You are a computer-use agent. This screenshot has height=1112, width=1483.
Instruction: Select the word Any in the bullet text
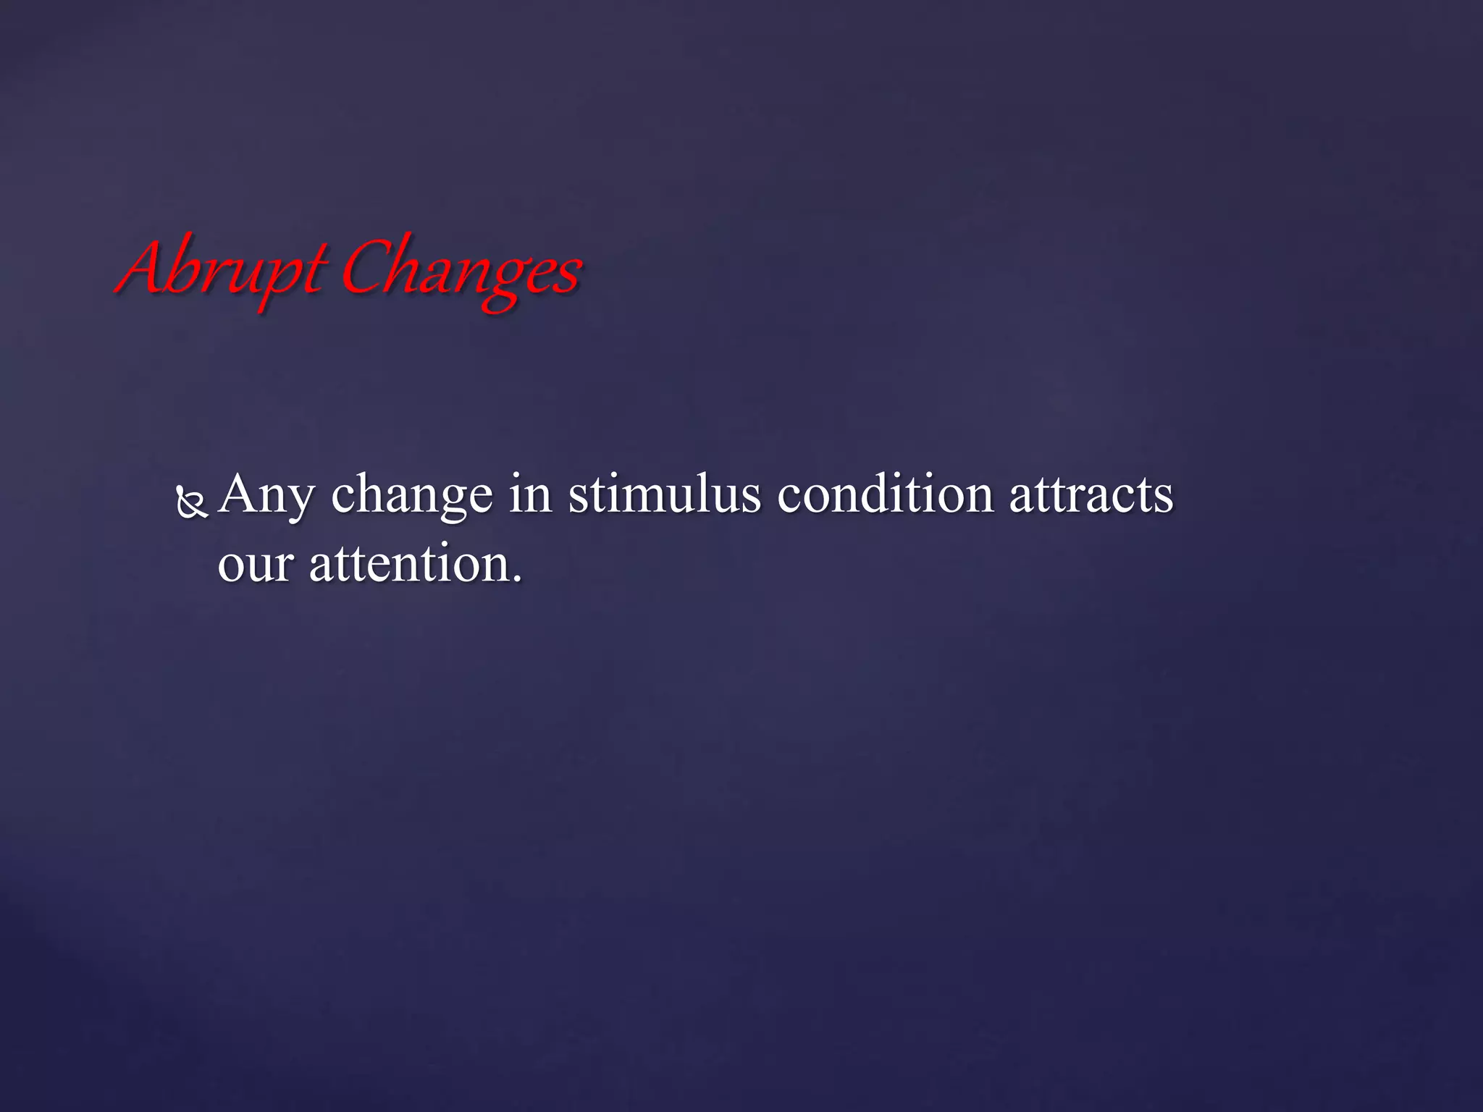point(266,497)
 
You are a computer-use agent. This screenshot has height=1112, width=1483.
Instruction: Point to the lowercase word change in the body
point(411,497)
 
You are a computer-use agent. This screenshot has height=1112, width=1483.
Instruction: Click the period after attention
point(516,579)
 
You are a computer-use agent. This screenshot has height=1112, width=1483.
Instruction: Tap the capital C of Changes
point(366,268)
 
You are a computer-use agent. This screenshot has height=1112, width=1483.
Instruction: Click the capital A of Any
point(240,494)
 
